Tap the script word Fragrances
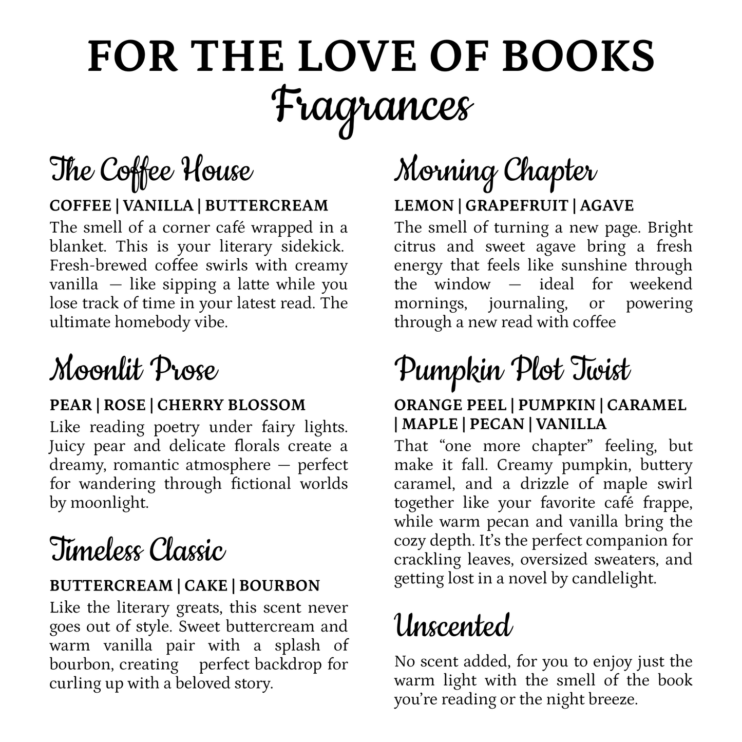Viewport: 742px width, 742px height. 372,106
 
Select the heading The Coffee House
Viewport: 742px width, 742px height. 151,171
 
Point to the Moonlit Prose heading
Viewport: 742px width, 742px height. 134,370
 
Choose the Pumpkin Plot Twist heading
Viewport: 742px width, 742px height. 512,370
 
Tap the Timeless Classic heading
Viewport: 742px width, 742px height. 138,550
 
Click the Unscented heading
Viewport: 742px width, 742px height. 453,626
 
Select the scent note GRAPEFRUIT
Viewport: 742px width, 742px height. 517,206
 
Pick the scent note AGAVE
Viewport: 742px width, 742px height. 607,206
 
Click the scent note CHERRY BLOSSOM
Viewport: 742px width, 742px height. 231,405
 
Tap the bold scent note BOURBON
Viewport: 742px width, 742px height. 280,586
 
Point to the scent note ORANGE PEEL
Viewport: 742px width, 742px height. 450,405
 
